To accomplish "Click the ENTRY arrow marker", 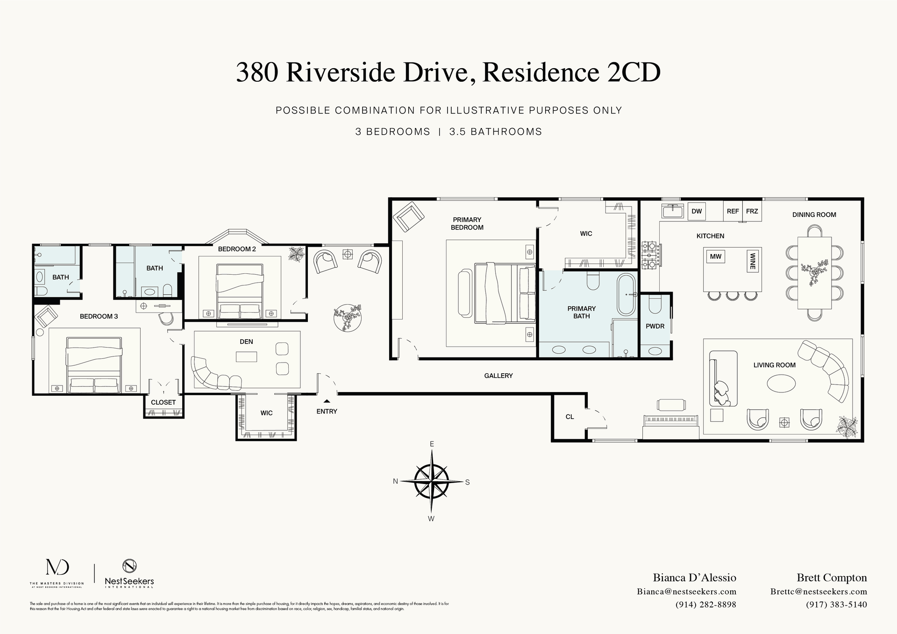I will (x=327, y=401).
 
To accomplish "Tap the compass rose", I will (x=431, y=481).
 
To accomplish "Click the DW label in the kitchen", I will (x=697, y=211).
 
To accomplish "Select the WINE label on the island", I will (x=752, y=261).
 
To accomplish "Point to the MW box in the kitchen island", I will (x=715, y=256).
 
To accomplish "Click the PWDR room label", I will (x=655, y=326).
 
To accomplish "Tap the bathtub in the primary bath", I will (x=626, y=295).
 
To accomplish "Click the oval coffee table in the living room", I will (x=781, y=384).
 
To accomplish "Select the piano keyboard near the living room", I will (x=671, y=420).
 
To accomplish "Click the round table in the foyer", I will (x=348, y=318).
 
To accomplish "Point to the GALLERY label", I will (x=498, y=376).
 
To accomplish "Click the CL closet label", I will (x=570, y=417).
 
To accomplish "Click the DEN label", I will (x=246, y=342).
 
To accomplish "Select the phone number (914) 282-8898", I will (x=705, y=605).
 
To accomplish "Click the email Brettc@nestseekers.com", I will (x=819, y=591).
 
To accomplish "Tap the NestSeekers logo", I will (x=129, y=574).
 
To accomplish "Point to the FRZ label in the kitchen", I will (x=752, y=211).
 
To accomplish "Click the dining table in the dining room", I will (x=814, y=273).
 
